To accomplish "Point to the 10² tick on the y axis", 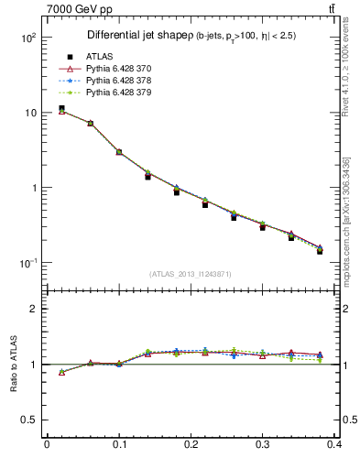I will coord(27,38).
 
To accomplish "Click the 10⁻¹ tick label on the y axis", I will coord(27,263).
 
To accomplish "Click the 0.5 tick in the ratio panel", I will coord(27,420).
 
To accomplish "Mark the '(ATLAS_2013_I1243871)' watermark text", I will coord(190,274).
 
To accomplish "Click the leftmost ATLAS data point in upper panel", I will coord(61,108).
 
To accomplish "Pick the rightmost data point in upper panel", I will coord(320,250).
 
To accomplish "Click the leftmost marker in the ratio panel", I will coord(61,372).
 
